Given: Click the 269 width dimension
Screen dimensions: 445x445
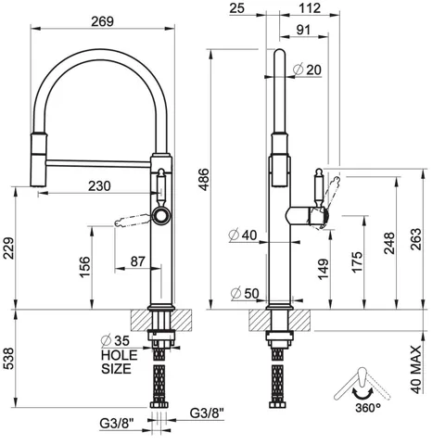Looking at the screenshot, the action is point(103,21).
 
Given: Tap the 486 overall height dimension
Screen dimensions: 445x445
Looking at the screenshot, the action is point(203,180).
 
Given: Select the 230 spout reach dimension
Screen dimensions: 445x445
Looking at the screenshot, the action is point(99,186).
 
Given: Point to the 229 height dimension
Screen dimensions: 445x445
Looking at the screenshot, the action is point(7,248).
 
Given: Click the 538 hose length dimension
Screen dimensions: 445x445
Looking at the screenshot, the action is point(7,359).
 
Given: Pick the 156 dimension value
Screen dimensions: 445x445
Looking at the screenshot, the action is point(85,267).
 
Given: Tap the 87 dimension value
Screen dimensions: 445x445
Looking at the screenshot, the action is point(137,261).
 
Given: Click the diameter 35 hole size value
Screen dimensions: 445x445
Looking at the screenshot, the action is point(115,340).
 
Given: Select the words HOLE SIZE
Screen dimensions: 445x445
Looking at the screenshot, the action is point(119,362).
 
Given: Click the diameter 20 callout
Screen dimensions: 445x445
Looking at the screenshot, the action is point(307,70).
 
